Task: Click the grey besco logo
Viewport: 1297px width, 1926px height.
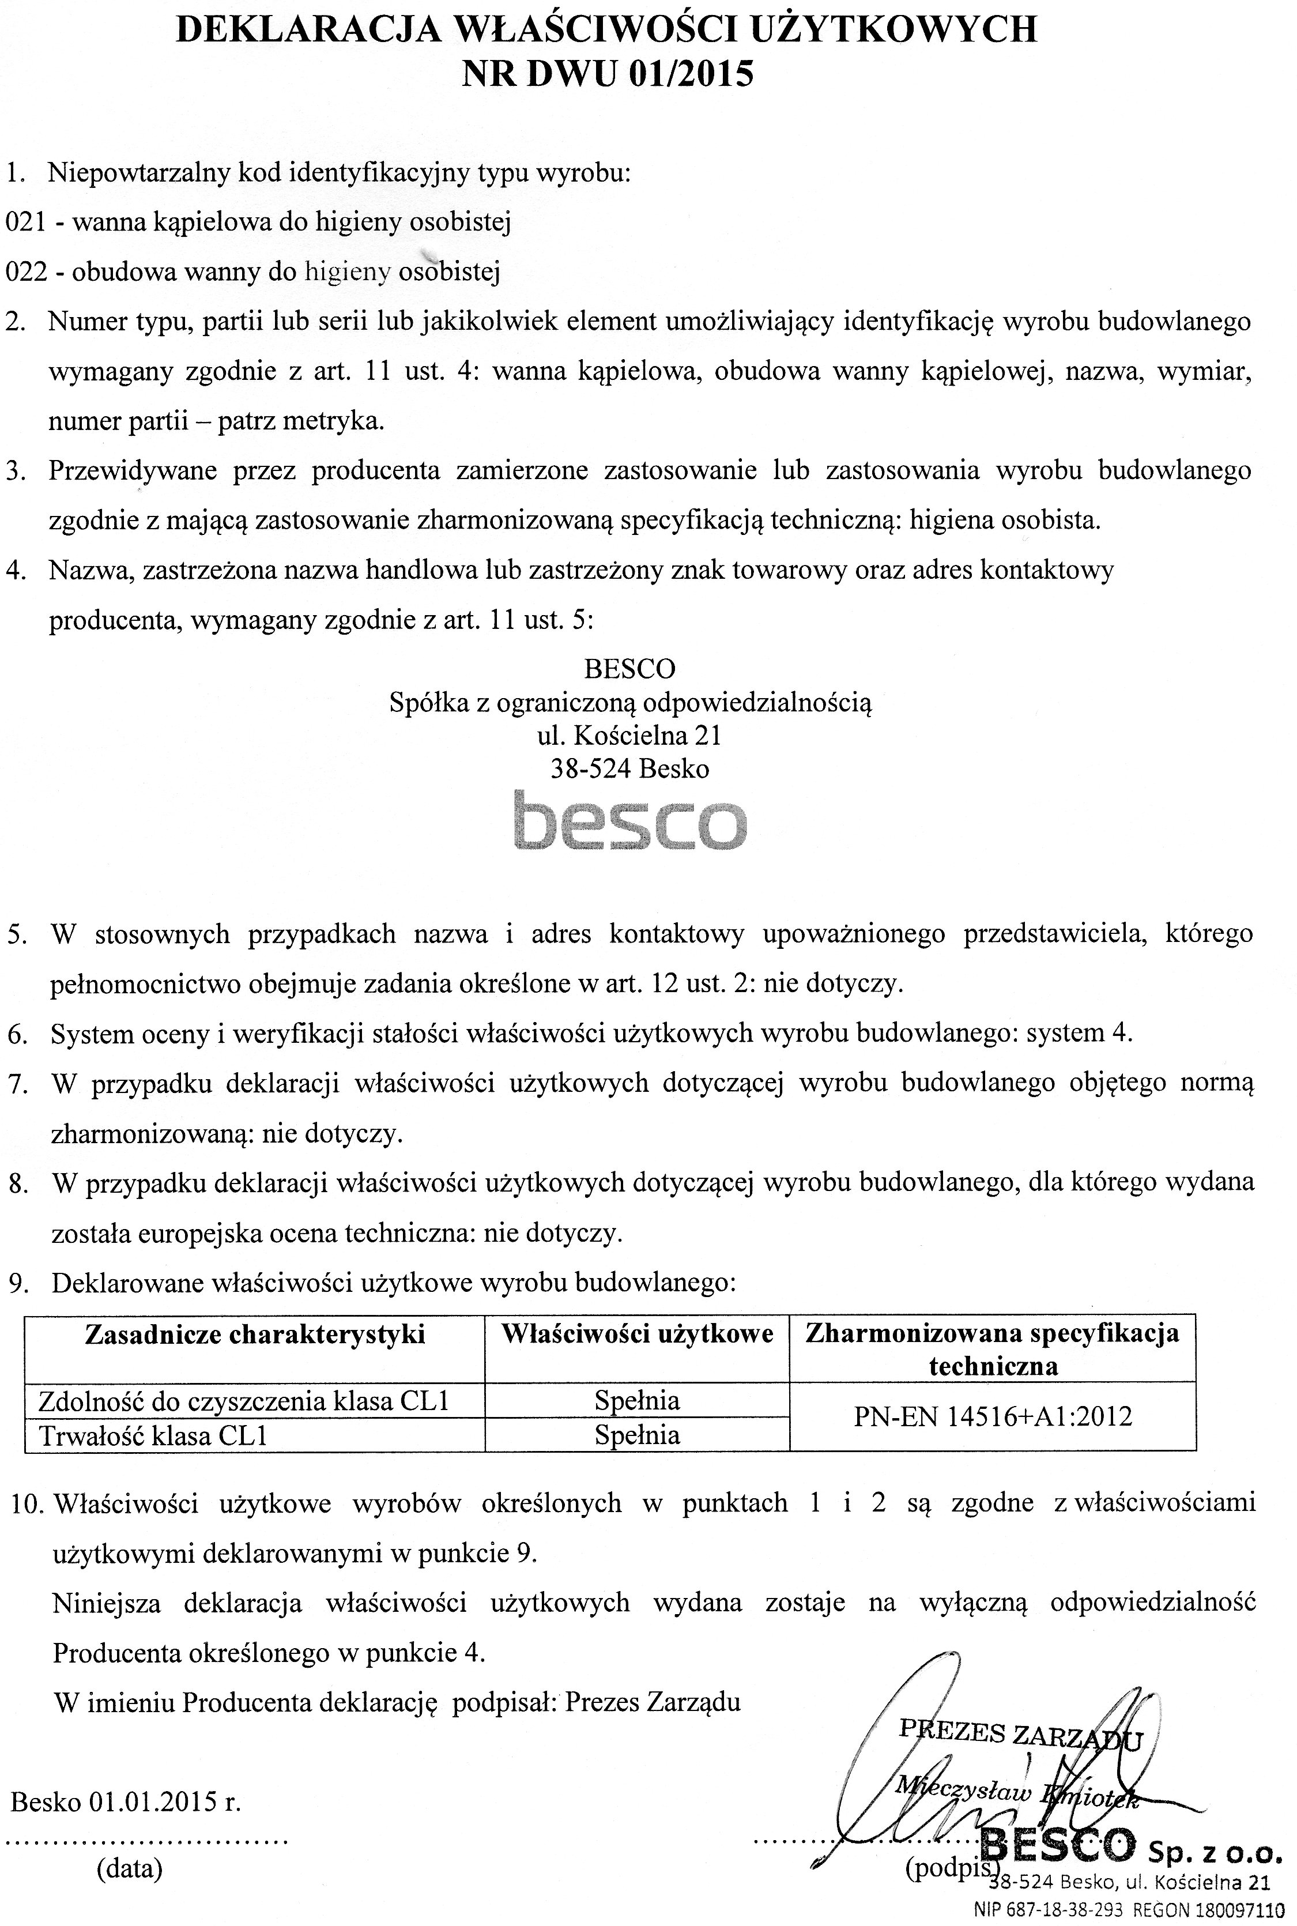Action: pos(629,821)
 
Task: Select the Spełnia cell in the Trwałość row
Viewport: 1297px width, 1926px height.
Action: pos(637,1435)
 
